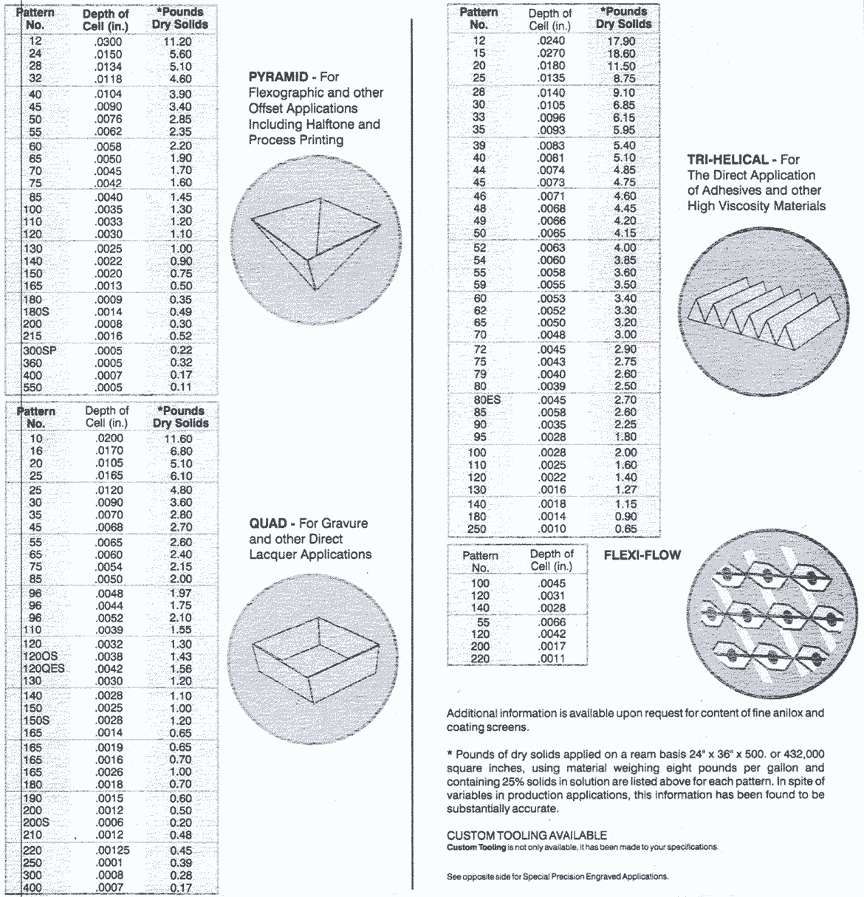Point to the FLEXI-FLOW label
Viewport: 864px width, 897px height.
pyautogui.click(x=642, y=555)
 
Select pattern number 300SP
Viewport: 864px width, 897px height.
pyautogui.click(x=39, y=351)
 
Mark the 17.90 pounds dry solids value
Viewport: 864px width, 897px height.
pyautogui.click(x=621, y=41)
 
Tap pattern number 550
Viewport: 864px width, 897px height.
pyautogui.click(x=35, y=387)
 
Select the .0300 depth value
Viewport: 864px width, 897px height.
pyautogui.click(x=108, y=42)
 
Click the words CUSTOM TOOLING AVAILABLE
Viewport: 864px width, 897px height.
pyautogui.click(x=527, y=835)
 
